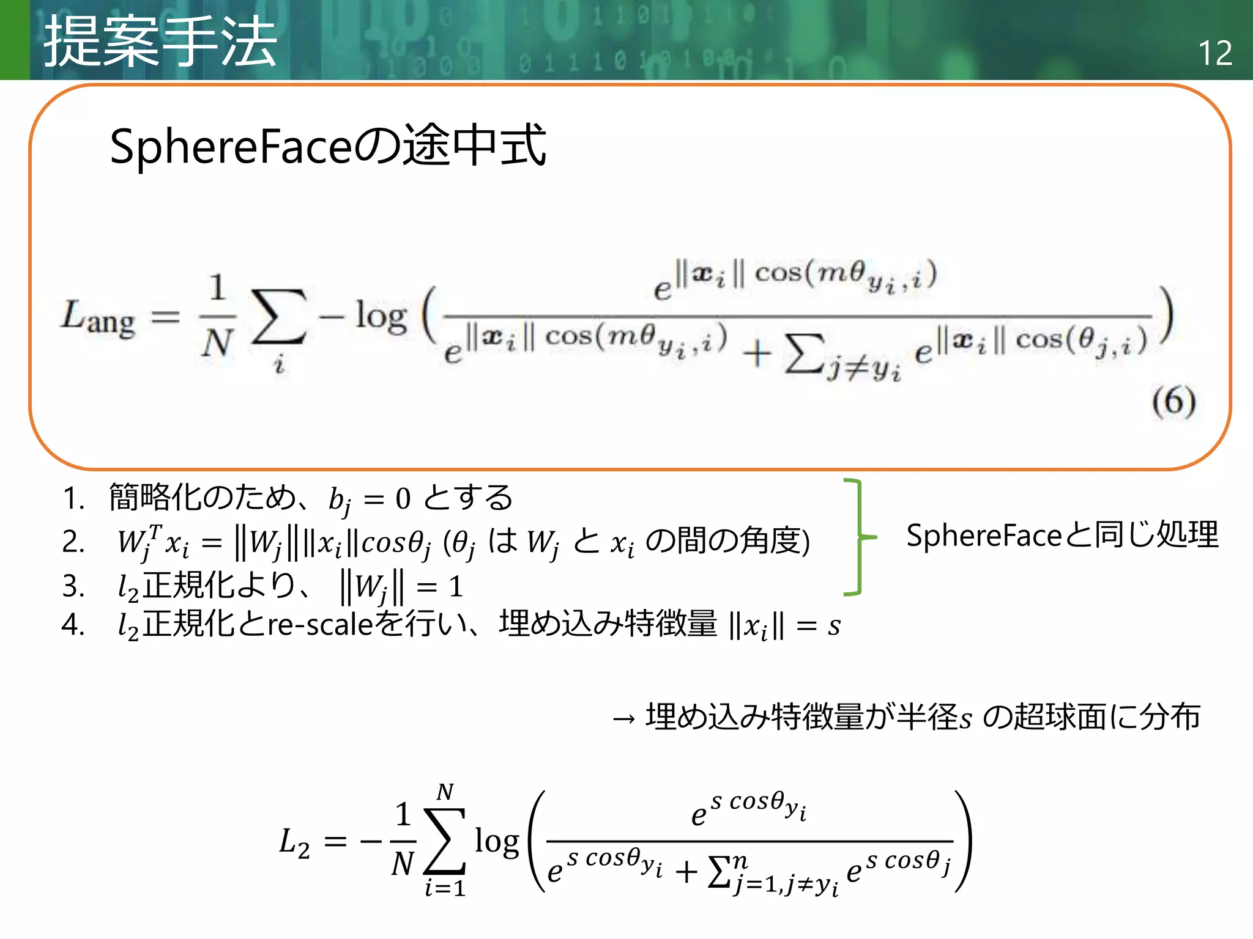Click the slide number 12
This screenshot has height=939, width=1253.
[x=1214, y=53]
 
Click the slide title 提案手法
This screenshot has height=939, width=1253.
[x=160, y=42]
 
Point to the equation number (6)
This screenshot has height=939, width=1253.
[x=1173, y=402]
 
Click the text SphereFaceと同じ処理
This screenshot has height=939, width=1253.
[x=1062, y=536]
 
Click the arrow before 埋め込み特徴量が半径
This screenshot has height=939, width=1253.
[x=624, y=719]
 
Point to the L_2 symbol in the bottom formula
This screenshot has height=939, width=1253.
[x=294, y=842]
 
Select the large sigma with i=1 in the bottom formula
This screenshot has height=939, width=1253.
[x=445, y=841]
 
